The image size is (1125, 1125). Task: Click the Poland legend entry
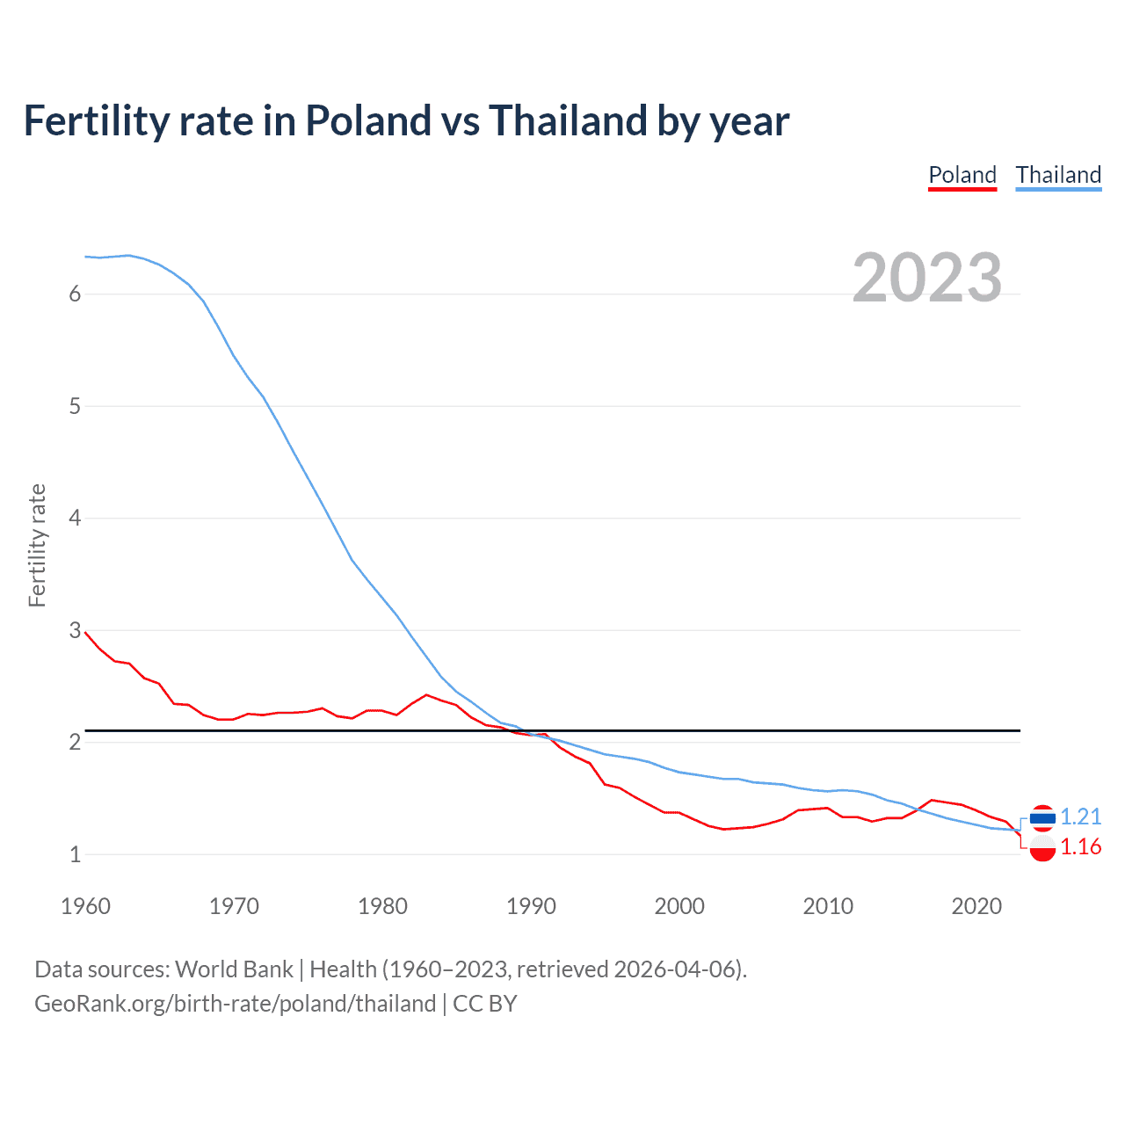(962, 175)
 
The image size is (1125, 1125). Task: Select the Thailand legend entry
(1058, 175)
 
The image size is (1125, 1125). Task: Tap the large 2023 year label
(927, 278)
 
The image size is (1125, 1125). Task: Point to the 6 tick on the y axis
(75, 294)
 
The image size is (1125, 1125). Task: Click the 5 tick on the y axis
(75, 406)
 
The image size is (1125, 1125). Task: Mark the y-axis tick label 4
(75, 519)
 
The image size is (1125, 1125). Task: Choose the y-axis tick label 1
(75, 854)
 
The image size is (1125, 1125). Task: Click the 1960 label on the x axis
(85, 906)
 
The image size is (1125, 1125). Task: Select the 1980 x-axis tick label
(382, 906)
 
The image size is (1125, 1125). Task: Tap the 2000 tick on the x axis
(679, 906)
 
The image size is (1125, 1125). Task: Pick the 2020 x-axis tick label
(976, 906)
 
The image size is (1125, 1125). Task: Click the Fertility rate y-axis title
(37, 545)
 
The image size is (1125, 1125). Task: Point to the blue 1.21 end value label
(1080, 817)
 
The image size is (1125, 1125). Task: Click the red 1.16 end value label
(1080, 846)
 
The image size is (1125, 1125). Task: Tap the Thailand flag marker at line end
(1042, 817)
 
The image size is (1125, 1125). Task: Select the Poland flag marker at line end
(1042, 848)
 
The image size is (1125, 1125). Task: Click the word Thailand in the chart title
(568, 120)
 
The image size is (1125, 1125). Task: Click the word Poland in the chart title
(368, 120)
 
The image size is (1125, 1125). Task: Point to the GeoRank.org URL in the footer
(235, 1004)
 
